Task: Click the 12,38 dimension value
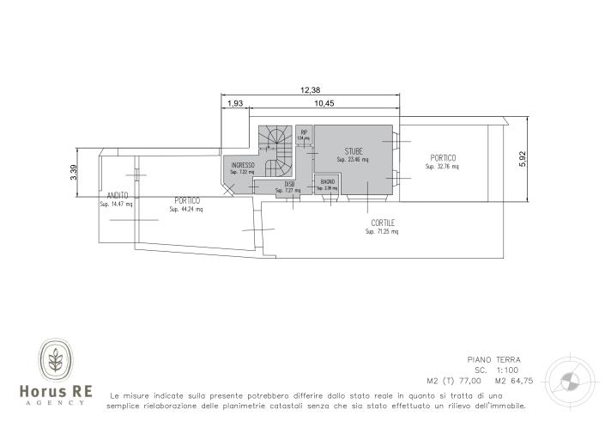[311, 90]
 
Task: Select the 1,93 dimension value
[235, 103]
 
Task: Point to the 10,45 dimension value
[324, 103]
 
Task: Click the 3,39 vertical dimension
[75, 173]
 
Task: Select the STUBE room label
[354, 152]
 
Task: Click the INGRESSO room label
[242, 165]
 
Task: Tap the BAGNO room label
[328, 181]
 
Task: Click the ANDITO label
[118, 196]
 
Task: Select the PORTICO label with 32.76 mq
[443, 158]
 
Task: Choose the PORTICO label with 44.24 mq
[186, 200]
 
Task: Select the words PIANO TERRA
[493, 360]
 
